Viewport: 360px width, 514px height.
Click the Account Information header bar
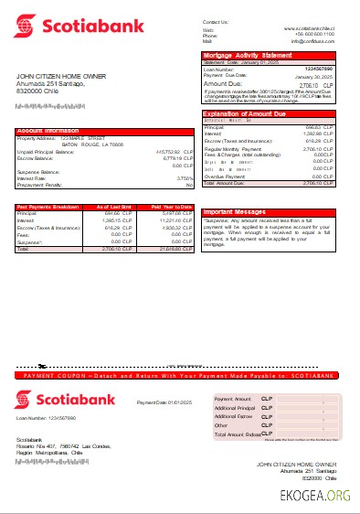click(x=104, y=131)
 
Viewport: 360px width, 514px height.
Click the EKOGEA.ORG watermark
click(x=315, y=496)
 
